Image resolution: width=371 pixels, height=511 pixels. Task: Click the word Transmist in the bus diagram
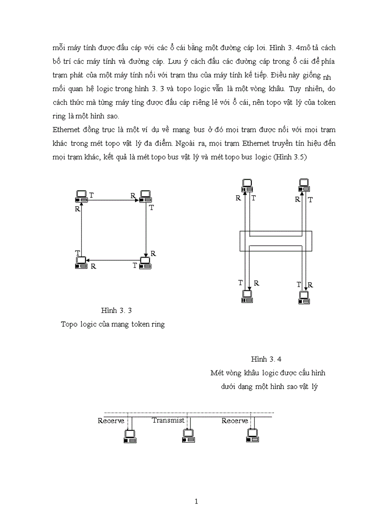[x=168, y=420]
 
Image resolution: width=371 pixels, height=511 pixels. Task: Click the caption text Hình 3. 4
[x=267, y=359]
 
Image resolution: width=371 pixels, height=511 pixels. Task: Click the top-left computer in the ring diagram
[x=81, y=196]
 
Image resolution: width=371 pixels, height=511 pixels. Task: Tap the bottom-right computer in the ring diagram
[x=145, y=263]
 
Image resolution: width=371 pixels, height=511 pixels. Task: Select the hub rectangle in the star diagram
[x=276, y=241]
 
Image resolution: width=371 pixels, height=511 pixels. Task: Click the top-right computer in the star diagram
[x=305, y=185]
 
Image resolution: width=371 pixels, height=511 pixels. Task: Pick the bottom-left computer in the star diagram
[x=248, y=296]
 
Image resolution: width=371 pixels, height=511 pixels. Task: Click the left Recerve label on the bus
[x=110, y=421]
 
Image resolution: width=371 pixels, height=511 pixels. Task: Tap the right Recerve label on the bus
[x=235, y=421]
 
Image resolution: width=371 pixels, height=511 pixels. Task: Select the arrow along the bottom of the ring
[x=114, y=261]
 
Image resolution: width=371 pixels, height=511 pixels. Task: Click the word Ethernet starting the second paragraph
[x=65, y=130]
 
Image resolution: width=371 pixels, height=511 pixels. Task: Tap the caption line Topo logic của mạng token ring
[x=113, y=324]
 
